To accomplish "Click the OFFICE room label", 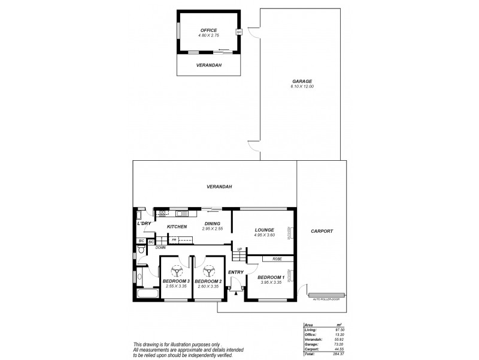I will (x=209, y=30).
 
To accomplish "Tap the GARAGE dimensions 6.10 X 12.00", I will (x=302, y=86).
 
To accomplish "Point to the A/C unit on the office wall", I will (x=239, y=31).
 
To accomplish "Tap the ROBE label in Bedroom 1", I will (x=277, y=259).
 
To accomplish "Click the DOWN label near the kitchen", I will (x=160, y=247).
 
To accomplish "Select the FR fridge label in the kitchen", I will (x=174, y=240).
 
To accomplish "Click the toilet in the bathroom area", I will (x=140, y=256).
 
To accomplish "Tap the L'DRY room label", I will (x=144, y=223).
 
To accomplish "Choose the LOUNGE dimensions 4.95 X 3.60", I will (x=264, y=235).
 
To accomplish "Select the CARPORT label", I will (x=322, y=231).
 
